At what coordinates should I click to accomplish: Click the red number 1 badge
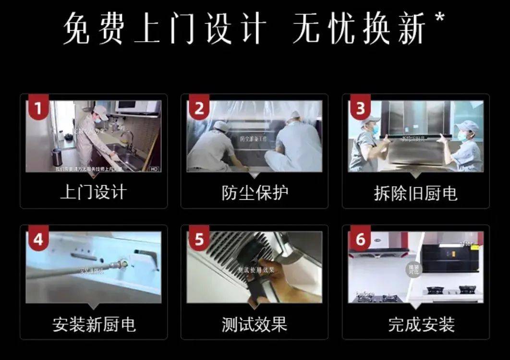pyautogui.click(x=38, y=109)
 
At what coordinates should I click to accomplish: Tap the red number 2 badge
pyautogui.click(x=199, y=109)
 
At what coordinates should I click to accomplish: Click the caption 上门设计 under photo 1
pyautogui.click(x=94, y=193)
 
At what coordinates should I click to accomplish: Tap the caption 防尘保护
pyautogui.click(x=255, y=193)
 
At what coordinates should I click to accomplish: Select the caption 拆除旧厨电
pyautogui.click(x=415, y=193)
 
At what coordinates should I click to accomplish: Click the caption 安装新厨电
pyautogui.click(x=94, y=324)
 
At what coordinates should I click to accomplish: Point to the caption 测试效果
pyautogui.click(x=255, y=324)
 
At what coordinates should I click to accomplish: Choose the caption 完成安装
pyautogui.click(x=415, y=324)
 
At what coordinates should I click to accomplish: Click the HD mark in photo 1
pyautogui.click(x=154, y=169)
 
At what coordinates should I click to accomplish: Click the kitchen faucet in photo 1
pyautogui.click(x=127, y=139)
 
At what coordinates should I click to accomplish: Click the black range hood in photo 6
pyautogui.click(x=449, y=259)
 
